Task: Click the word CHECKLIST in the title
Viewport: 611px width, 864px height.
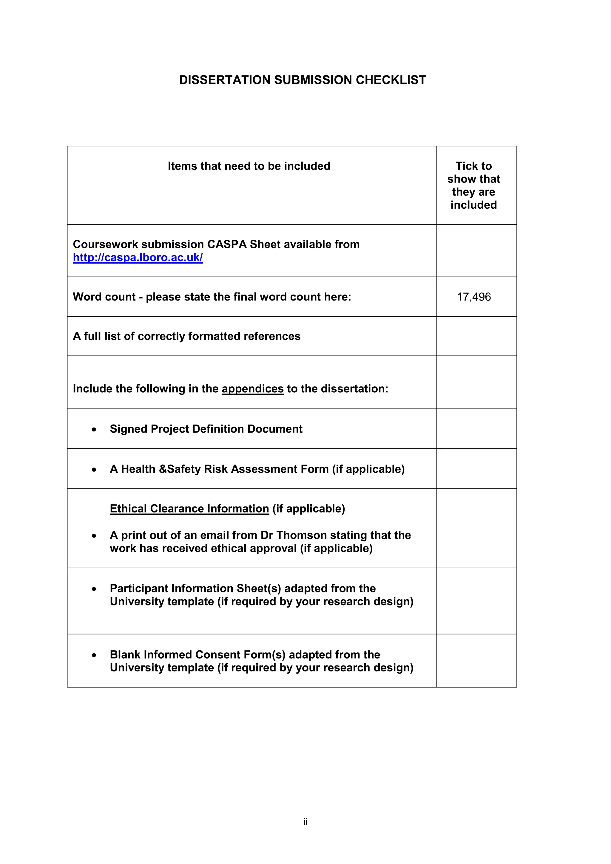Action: tap(391, 80)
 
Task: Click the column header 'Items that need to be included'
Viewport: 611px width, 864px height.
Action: tap(249, 166)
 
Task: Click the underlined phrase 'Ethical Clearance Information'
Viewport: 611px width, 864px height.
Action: tap(189, 508)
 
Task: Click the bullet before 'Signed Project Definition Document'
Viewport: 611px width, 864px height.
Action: tap(94, 429)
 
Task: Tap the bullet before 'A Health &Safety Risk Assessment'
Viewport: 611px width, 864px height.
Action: tap(94, 470)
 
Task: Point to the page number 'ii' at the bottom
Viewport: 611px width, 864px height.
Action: tap(305, 822)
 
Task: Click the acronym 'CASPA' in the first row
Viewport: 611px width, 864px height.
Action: tap(227, 244)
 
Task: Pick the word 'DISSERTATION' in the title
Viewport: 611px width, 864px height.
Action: tap(225, 80)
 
